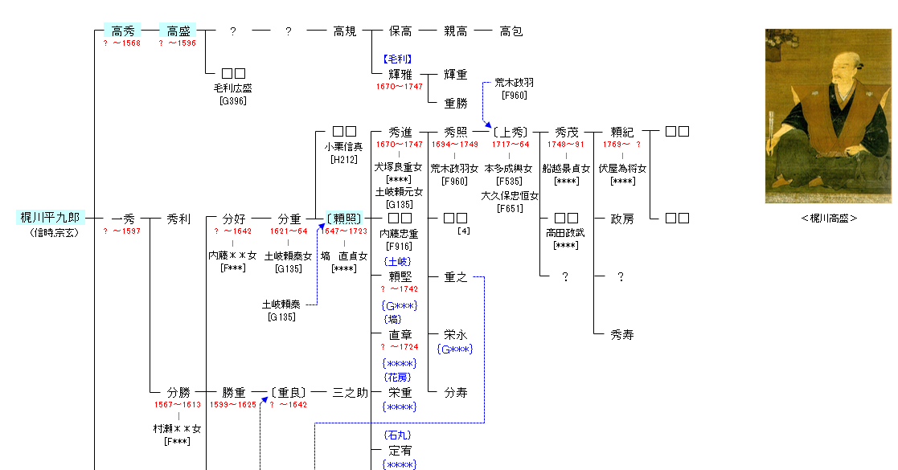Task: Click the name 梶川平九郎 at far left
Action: coord(50,218)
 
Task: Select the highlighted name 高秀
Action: coord(122,31)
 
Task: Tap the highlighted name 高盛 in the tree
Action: coord(178,31)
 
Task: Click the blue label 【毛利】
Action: coord(397,59)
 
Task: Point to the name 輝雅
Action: coord(400,75)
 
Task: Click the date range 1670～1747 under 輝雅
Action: coord(400,86)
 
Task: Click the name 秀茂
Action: coord(566,132)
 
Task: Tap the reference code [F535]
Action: coord(510,182)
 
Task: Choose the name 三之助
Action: coord(351,393)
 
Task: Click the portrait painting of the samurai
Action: coord(828,116)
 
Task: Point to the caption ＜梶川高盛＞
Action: coord(828,218)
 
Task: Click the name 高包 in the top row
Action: coord(511,31)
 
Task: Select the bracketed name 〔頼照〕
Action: coord(344,219)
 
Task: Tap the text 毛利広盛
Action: coord(233,88)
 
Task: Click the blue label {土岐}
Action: coord(398,262)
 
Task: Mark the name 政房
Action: coord(622,219)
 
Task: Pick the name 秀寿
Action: coord(622,335)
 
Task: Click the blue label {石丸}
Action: coord(398,435)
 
